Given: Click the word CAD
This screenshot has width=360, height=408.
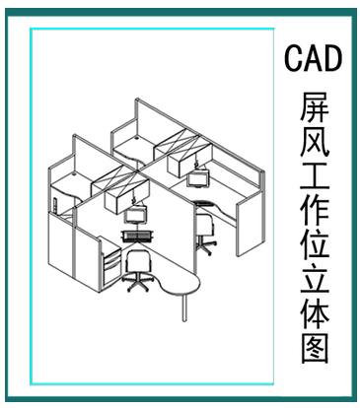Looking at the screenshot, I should [314, 58].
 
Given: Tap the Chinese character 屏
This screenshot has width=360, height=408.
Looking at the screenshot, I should [314, 107].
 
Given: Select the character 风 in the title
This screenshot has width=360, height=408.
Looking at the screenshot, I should [314, 144].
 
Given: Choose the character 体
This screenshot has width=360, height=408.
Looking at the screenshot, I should [314, 317].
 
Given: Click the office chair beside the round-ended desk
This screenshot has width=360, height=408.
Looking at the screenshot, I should [137, 268].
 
